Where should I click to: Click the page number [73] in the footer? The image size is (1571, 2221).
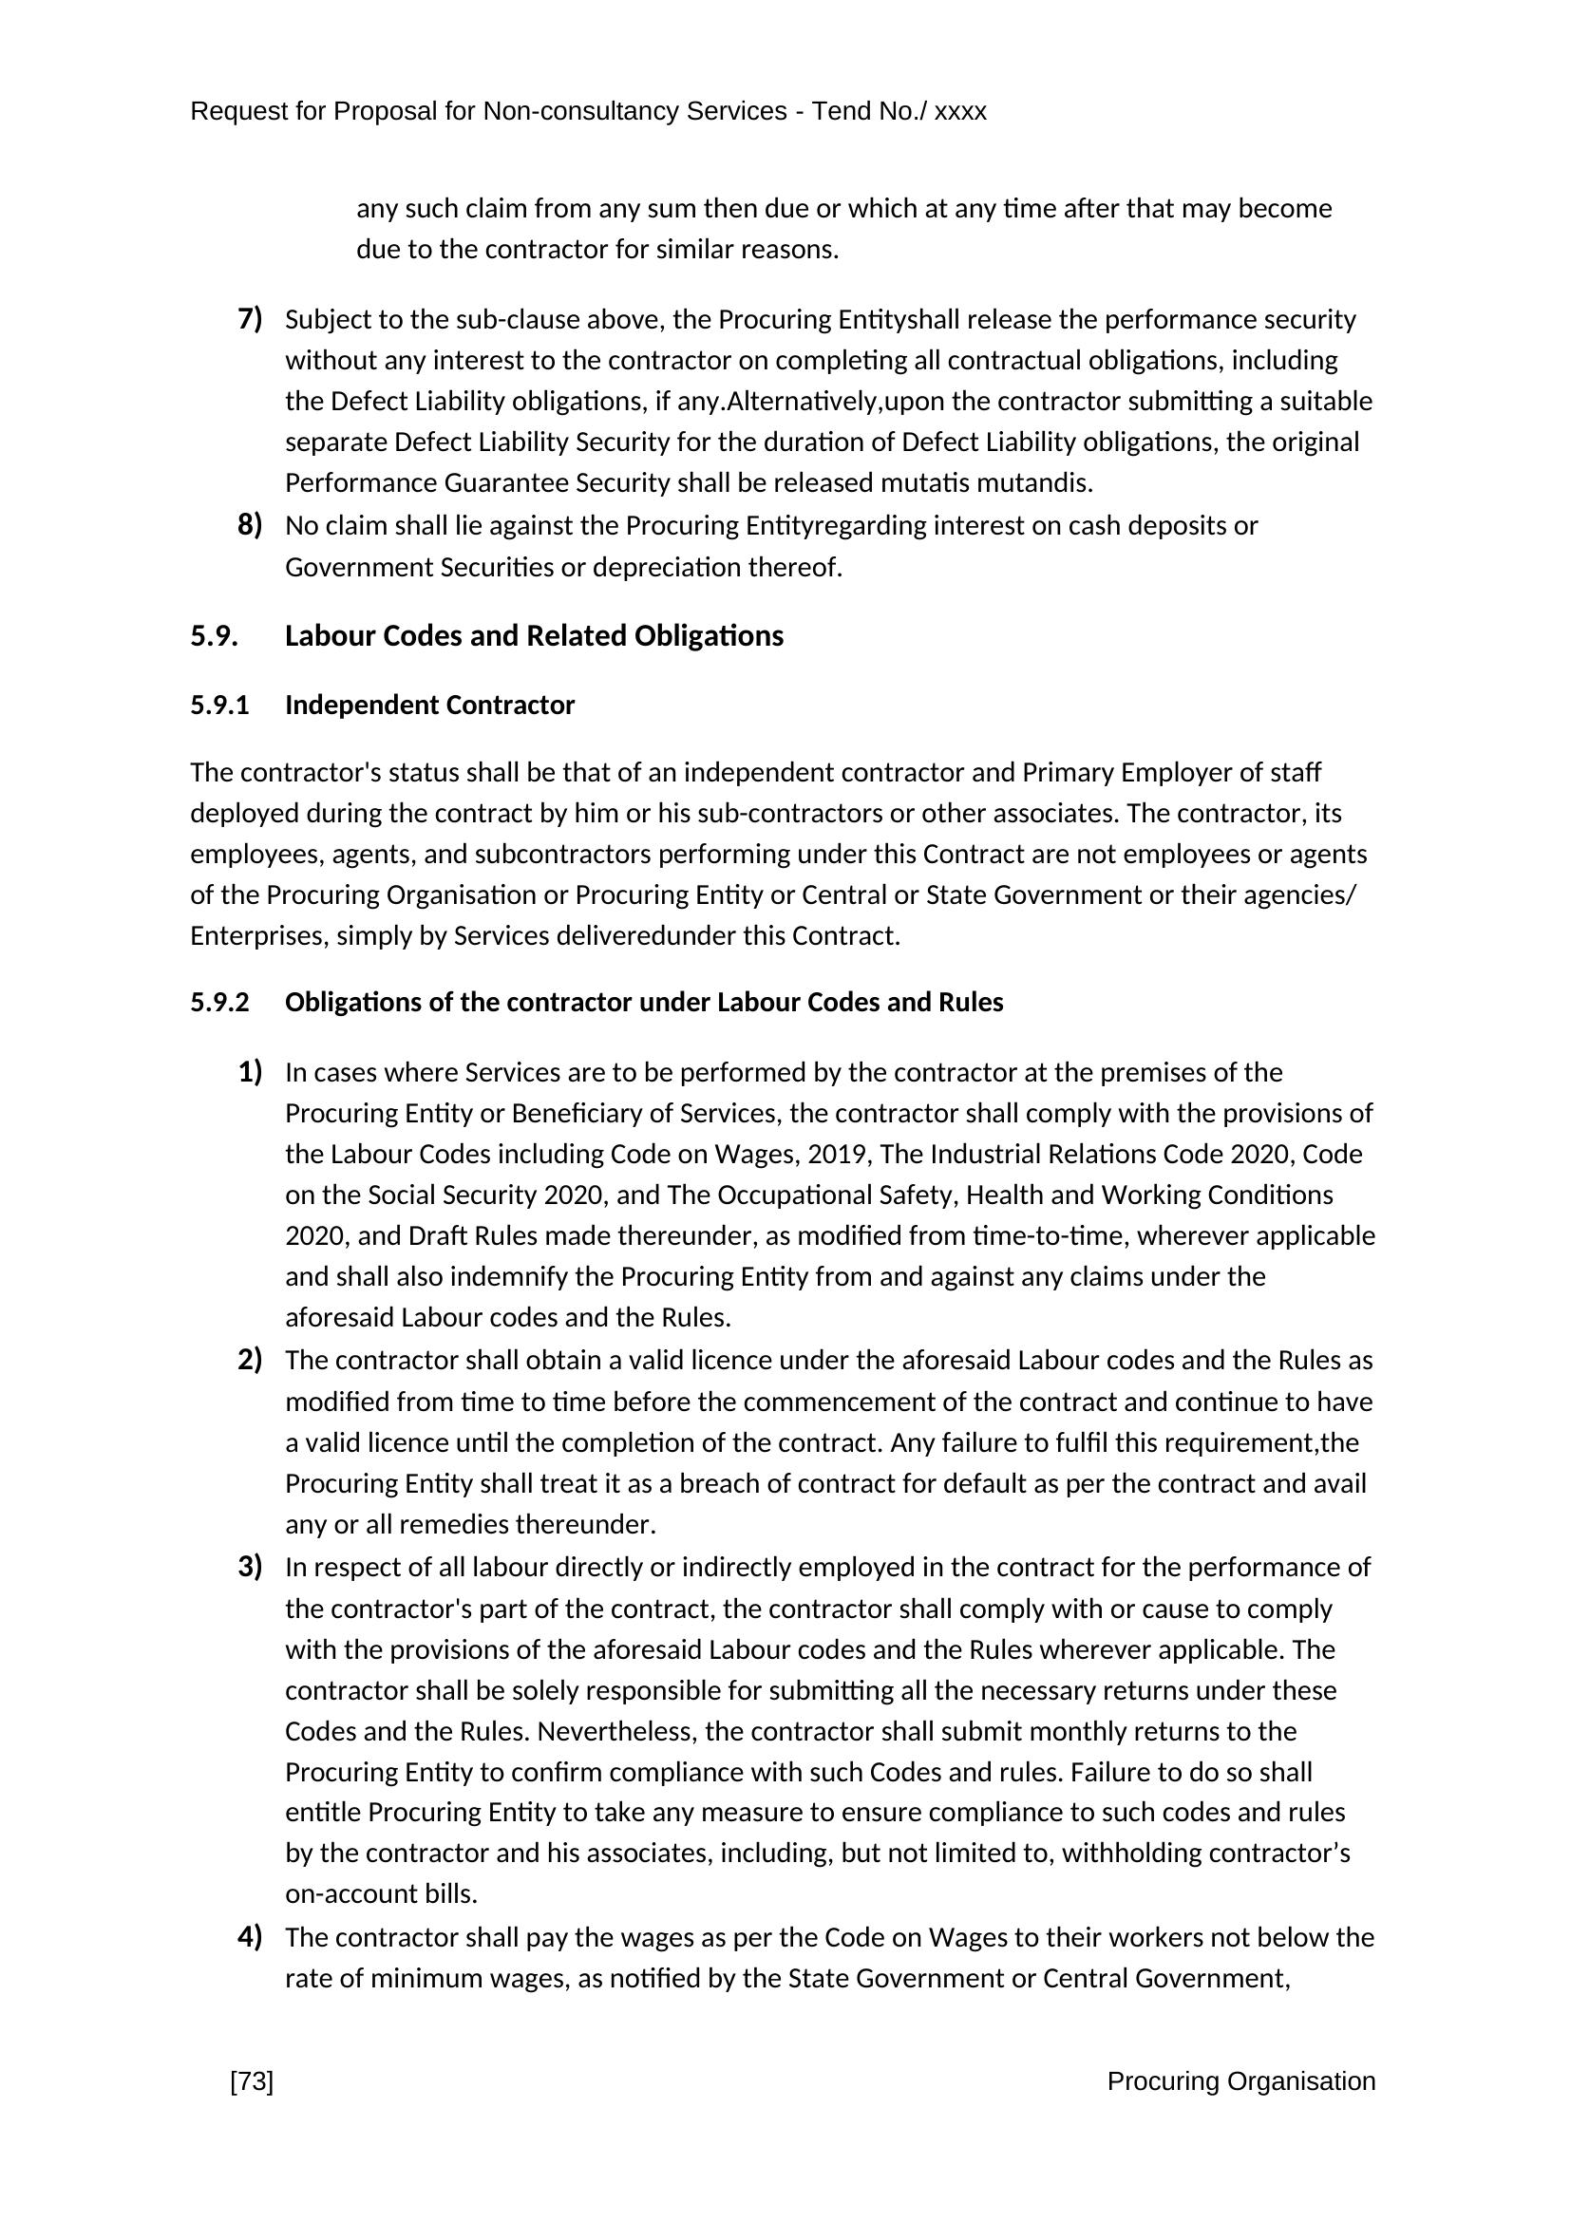click(252, 2081)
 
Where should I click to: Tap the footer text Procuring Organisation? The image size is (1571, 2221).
click(1240, 2081)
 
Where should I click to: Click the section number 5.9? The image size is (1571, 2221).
click(214, 636)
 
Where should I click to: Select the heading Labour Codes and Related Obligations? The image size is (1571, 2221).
click(534, 636)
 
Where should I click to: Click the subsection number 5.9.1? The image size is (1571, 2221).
click(219, 706)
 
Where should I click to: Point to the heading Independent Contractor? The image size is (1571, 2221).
click(429, 706)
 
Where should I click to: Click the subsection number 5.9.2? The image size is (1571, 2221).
click(219, 1002)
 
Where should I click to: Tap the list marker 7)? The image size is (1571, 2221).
click(250, 318)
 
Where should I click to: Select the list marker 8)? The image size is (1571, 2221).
click(250, 525)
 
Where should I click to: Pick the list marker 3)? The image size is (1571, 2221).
click(250, 1567)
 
